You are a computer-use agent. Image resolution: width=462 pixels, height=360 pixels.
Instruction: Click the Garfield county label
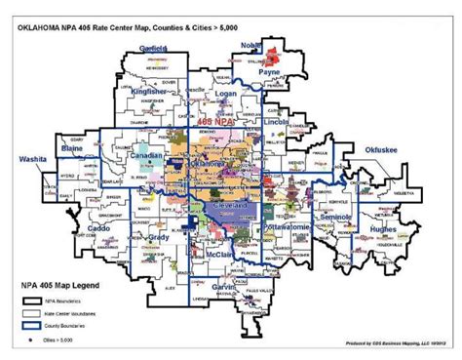pos(154,48)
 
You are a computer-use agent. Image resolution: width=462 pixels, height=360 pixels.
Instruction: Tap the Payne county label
pos(270,72)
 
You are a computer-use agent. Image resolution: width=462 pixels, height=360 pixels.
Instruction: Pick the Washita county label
pos(34,157)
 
